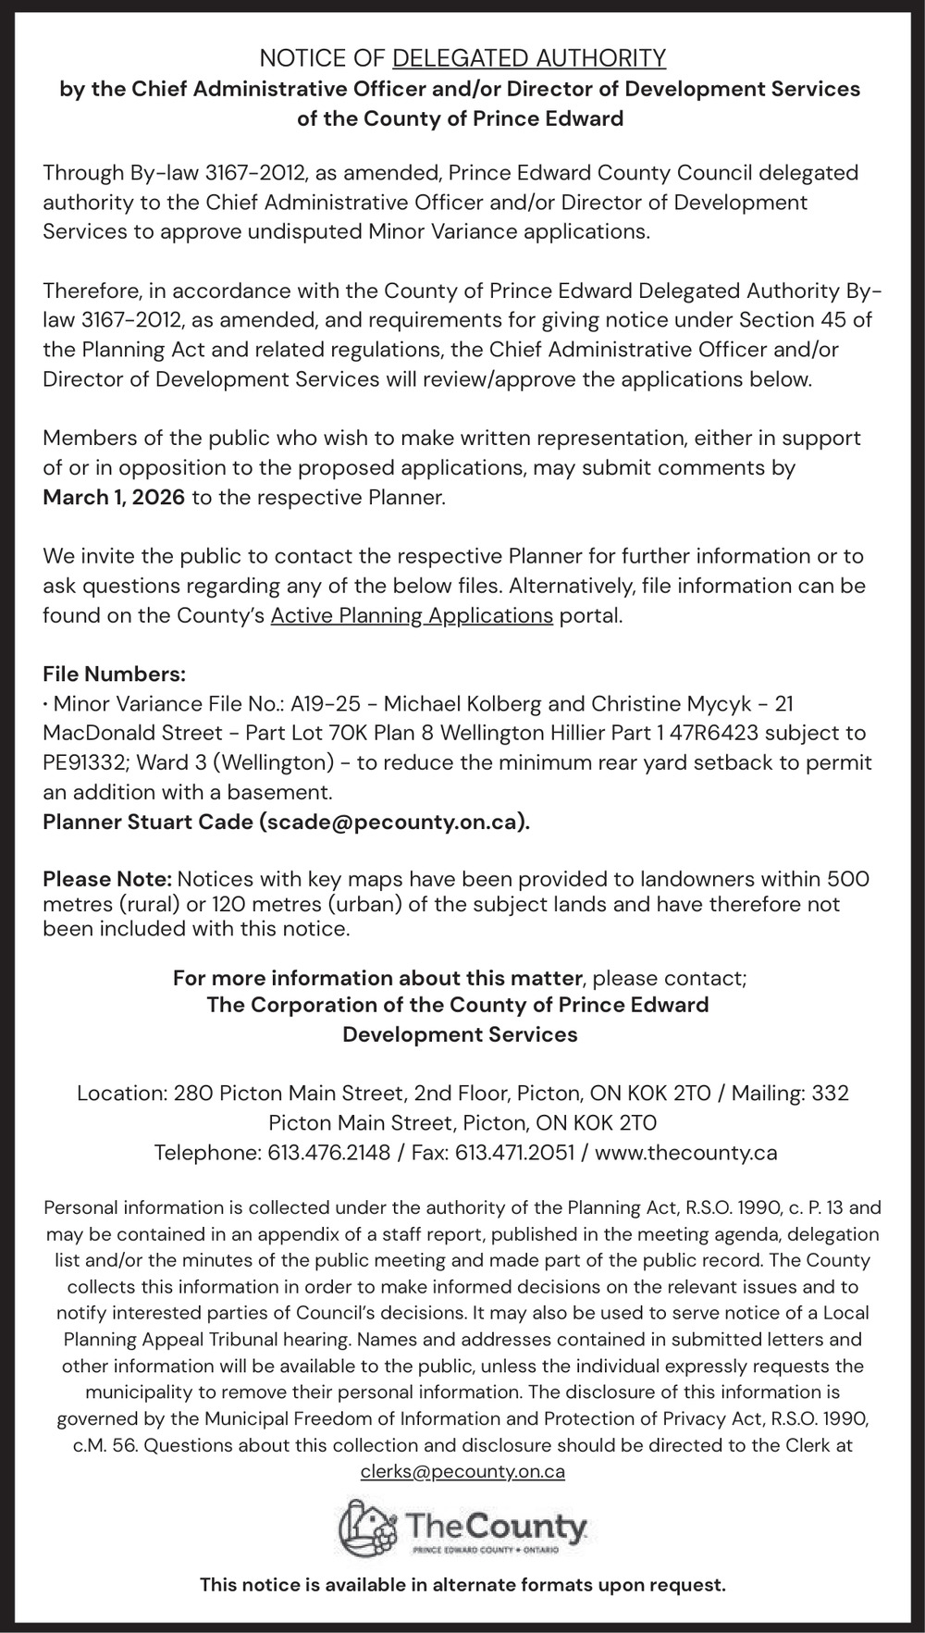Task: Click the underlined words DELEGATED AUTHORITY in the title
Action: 529,59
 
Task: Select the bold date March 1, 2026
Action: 114,498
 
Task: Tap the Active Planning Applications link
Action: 412,615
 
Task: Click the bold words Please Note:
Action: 107,878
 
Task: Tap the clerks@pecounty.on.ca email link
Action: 462,1471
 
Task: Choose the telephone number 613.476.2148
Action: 328,1153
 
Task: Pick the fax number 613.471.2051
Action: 514,1153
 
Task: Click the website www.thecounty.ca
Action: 685,1153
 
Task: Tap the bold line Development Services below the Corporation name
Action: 460,1034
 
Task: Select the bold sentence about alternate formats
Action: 462,1585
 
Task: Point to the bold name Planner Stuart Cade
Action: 148,822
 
